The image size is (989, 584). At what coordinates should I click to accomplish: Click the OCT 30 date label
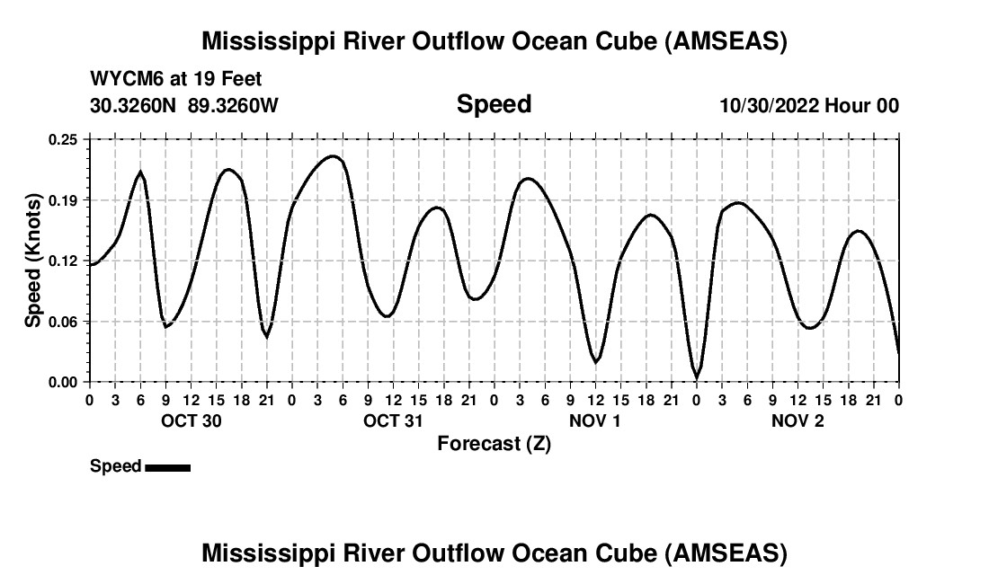[x=191, y=420]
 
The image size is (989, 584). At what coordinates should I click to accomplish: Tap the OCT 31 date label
[x=393, y=420]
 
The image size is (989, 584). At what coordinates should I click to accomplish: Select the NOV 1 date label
[x=595, y=420]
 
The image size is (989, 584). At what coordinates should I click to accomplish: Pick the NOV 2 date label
[x=797, y=420]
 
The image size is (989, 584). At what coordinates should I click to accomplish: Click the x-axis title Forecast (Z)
[x=494, y=443]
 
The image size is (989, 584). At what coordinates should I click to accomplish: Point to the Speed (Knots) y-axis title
[x=33, y=261]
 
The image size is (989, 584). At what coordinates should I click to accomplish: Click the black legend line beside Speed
[x=167, y=467]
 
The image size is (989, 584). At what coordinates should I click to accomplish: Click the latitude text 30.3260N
[x=135, y=105]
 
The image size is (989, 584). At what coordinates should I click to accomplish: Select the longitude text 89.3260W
[x=233, y=105]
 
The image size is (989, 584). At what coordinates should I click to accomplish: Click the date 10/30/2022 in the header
[x=769, y=105]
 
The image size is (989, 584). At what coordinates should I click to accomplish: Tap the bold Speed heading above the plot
[x=494, y=104]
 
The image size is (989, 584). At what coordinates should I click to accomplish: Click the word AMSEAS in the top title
[x=726, y=41]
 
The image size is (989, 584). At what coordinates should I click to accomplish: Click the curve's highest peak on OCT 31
[x=333, y=156]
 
